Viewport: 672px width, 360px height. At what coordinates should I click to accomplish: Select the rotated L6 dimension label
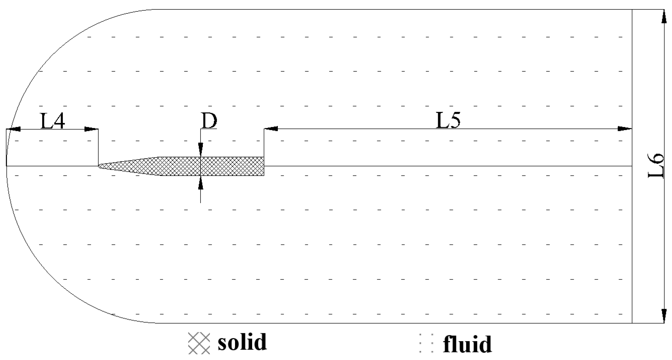(656, 166)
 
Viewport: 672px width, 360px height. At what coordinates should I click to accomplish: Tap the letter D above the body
(209, 121)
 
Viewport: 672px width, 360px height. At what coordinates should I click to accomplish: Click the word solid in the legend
(242, 342)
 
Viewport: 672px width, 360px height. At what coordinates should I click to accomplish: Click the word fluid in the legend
(467, 344)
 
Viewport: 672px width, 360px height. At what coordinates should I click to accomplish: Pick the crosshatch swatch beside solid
(199, 343)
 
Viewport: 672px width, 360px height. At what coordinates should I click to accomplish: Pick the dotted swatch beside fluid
(426, 343)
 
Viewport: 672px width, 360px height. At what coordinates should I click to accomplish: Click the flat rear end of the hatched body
(263, 166)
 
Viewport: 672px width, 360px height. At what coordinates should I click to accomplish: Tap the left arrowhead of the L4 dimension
(14, 129)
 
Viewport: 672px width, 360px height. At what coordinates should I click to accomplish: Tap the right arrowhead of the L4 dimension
(91, 129)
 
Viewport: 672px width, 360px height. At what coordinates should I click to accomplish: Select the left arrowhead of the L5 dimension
(271, 129)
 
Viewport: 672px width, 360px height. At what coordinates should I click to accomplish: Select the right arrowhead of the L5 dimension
(625, 129)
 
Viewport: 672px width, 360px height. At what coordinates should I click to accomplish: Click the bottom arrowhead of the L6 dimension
(664, 315)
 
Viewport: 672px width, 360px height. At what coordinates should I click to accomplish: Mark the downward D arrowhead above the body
(201, 150)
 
